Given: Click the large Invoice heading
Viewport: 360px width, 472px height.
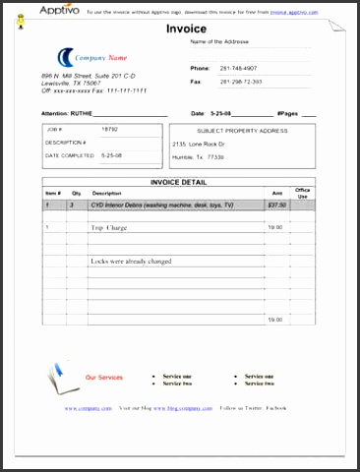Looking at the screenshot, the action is pyautogui.click(x=186, y=29).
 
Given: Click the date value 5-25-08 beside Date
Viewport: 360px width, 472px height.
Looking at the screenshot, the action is pyautogui.click(x=223, y=113).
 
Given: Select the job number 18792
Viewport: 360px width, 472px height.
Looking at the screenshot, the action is pyautogui.click(x=110, y=129).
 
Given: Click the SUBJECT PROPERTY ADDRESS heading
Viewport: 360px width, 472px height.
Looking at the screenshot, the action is pyautogui.click(x=242, y=130).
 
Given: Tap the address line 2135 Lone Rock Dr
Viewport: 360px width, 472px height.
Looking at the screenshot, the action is pyautogui.click(x=199, y=144).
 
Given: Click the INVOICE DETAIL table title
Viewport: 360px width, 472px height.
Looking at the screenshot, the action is pyautogui.click(x=178, y=182).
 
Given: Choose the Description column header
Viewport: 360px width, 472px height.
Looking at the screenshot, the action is pyautogui.click(x=106, y=194).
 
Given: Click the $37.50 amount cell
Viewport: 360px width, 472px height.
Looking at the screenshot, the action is pyautogui.click(x=276, y=205).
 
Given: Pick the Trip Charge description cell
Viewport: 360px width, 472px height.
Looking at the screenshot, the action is pyautogui.click(x=109, y=227).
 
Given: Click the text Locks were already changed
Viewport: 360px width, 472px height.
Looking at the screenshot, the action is pyautogui.click(x=131, y=262).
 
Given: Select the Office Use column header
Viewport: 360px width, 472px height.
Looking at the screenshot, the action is pyautogui.click(x=303, y=193).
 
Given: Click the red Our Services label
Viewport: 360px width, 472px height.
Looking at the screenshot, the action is pyautogui.click(x=104, y=378).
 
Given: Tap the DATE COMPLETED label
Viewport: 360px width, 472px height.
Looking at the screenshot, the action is pyautogui.click(x=70, y=155).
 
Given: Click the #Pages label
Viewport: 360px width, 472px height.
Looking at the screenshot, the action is pyautogui.click(x=287, y=113).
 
